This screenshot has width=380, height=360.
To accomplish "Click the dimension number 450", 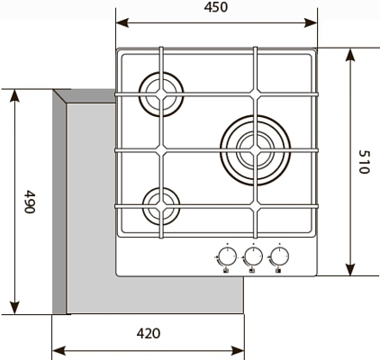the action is [216, 7].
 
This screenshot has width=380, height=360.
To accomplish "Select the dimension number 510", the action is [365, 162].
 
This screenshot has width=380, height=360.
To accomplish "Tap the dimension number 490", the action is [30, 202].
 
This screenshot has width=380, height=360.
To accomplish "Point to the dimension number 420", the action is [149, 333].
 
